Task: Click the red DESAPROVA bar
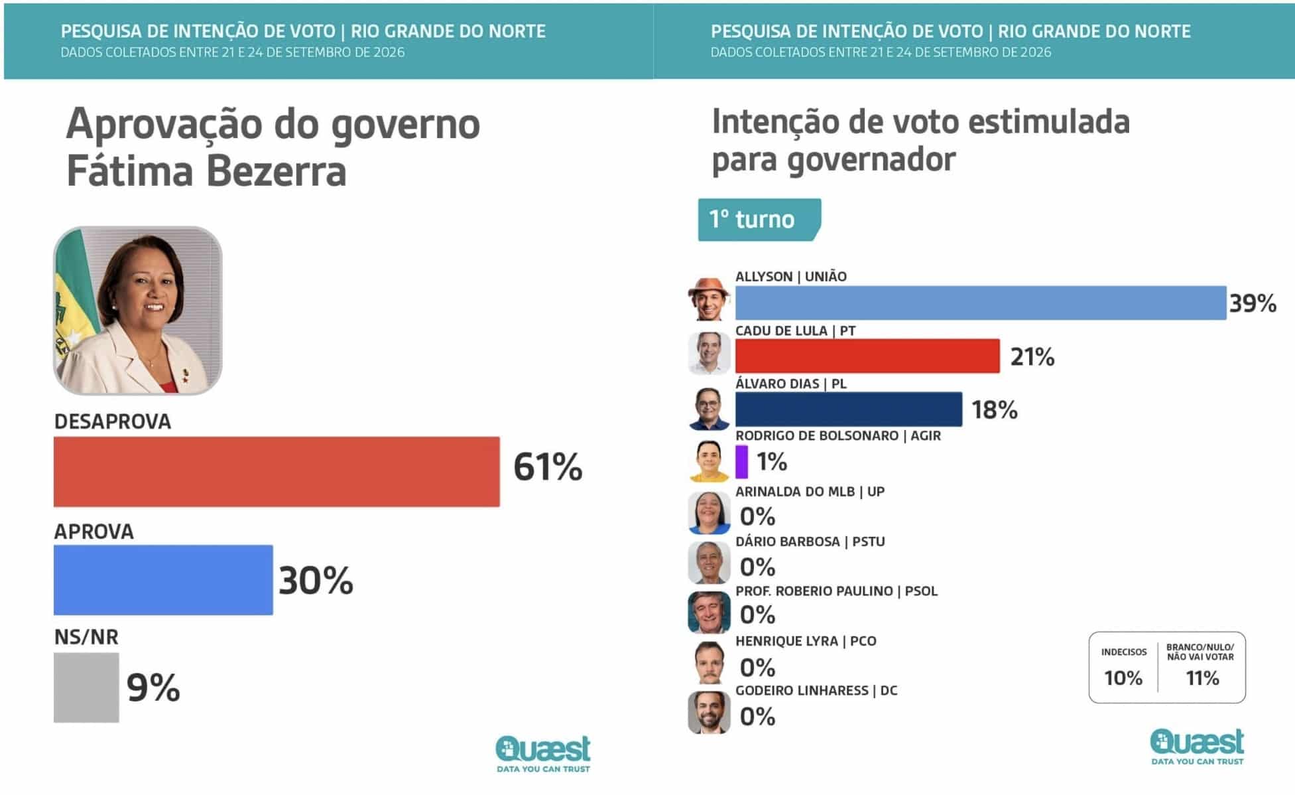(x=277, y=471)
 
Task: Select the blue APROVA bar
(x=163, y=580)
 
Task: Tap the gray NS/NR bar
(x=86, y=687)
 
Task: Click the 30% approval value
(x=316, y=581)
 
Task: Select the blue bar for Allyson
(x=981, y=303)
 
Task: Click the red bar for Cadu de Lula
(x=867, y=356)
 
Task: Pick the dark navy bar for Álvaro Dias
(x=849, y=409)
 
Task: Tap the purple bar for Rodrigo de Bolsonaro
(x=741, y=462)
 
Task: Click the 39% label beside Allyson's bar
(x=1253, y=303)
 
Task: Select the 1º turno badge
(x=759, y=220)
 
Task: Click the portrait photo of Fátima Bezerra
(x=138, y=311)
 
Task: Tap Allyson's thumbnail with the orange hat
(x=709, y=299)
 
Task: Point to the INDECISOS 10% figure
(x=1123, y=678)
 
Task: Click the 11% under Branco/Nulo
(x=1202, y=678)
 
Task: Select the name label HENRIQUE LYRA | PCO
(x=806, y=641)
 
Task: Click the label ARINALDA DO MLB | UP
(x=810, y=492)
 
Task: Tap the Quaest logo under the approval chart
(x=543, y=754)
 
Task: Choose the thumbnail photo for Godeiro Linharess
(x=709, y=712)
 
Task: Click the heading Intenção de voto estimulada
(x=920, y=121)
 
